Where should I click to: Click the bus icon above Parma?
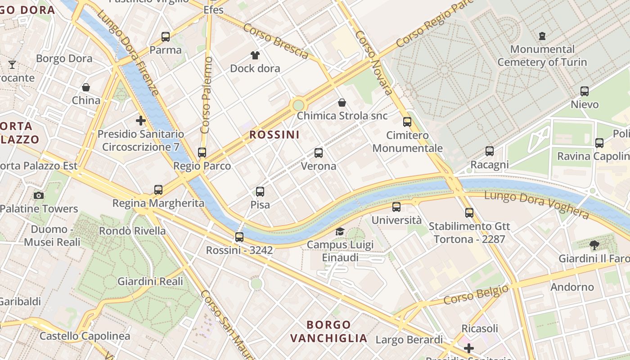(166, 37)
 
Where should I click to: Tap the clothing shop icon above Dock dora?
(255, 55)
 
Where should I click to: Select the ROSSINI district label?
(274, 135)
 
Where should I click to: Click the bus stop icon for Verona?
(319, 153)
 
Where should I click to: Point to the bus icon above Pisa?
(260, 192)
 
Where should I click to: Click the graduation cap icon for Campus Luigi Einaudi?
(340, 232)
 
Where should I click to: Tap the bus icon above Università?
(396, 207)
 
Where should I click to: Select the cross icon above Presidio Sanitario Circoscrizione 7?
(141, 121)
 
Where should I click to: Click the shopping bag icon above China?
(86, 87)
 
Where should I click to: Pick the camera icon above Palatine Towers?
(39, 195)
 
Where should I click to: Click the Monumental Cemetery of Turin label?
(542, 56)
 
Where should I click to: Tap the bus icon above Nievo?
(585, 91)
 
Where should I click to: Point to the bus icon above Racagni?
(490, 152)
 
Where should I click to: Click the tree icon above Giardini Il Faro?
(594, 245)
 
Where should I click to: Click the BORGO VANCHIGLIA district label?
(328, 331)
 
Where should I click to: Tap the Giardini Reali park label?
(150, 281)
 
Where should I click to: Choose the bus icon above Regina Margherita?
(158, 190)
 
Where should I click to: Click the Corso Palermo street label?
(206, 95)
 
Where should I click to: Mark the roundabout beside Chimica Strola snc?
(298, 105)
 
